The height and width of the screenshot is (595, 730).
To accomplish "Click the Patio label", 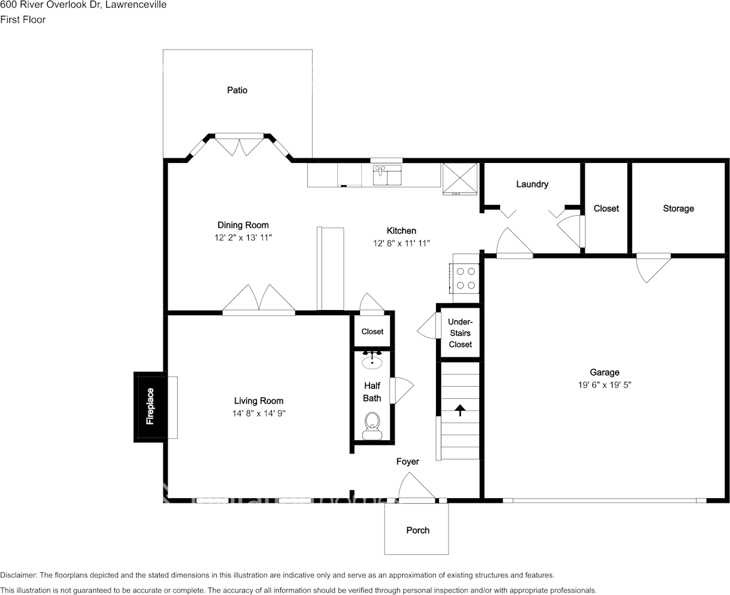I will [x=237, y=90].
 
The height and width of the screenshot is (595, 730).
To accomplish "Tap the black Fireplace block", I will [x=150, y=406].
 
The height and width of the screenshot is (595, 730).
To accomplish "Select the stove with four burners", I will [x=466, y=278].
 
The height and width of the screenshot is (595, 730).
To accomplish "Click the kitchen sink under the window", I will [x=387, y=175].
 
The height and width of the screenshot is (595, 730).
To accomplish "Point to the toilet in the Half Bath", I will [x=373, y=425].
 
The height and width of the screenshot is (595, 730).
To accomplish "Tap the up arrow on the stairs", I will [x=460, y=411].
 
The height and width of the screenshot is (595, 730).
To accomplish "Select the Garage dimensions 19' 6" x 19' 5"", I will [x=604, y=385].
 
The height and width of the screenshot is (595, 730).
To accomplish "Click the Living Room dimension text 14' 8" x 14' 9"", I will [x=258, y=413].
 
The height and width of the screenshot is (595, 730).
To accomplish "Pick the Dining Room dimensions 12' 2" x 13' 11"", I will [x=243, y=238].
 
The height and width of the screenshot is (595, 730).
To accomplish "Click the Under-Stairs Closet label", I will [x=460, y=333].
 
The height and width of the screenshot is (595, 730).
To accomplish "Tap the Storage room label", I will [x=678, y=208].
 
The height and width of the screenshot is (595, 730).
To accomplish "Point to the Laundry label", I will [x=532, y=184].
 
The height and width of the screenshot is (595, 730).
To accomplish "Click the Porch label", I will [x=418, y=530].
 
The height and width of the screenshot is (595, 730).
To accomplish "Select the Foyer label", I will [x=407, y=462].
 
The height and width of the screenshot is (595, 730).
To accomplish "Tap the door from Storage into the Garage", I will [x=653, y=267].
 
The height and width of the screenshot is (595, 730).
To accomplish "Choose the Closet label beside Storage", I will [x=606, y=208].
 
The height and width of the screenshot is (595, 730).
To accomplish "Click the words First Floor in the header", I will [x=23, y=19].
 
